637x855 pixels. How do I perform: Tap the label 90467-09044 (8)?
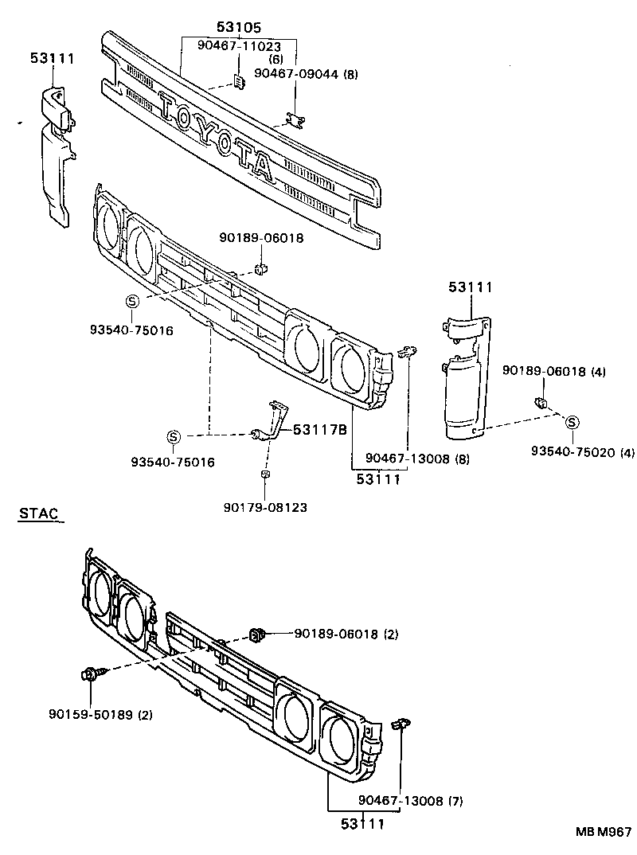(x=306, y=74)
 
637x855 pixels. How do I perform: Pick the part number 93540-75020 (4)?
(x=583, y=453)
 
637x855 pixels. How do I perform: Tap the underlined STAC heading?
(x=39, y=513)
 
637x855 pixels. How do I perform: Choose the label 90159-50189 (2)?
(x=100, y=714)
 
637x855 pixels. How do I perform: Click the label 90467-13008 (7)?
(x=410, y=800)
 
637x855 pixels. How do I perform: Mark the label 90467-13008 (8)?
(x=417, y=459)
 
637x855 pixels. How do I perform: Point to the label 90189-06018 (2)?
(x=346, y=634)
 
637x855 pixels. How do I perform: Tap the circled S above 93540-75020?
(x=572, y=423)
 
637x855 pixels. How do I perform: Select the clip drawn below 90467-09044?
(x=296, y=119)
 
